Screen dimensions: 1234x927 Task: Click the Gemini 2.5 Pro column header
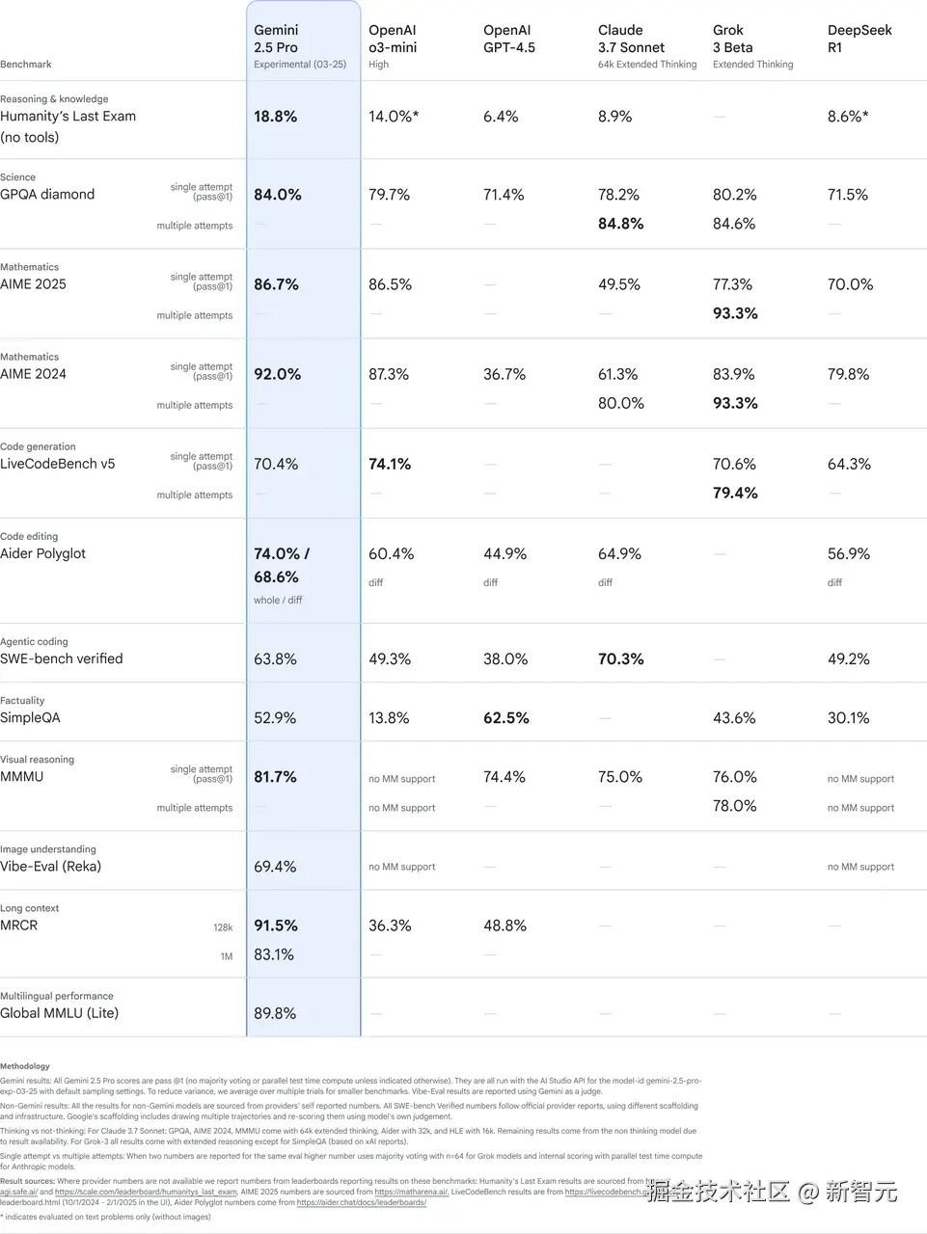tap(276, 39)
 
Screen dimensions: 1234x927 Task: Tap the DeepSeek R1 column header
tap(859, 39)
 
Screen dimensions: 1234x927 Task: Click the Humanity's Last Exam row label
tap(68, 117)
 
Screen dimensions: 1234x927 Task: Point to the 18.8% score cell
tap(276, 117)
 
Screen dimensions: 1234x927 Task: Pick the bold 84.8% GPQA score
tap(620, 224)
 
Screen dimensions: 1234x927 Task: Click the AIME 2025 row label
tap(34, 284)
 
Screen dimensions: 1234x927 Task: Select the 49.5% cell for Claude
tap(619, 284)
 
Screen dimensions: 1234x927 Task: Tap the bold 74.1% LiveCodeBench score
tap(390, 464)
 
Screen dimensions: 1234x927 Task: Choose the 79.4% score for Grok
tap(735, 493)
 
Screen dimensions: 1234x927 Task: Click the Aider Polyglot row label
tap(43, 553)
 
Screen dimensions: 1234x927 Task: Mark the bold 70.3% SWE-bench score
tap(620, 659)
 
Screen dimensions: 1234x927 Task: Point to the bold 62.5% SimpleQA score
tap(506, 718)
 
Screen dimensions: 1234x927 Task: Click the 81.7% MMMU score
tap(276, 777)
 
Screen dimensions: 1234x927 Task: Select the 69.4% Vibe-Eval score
tap(275, 867)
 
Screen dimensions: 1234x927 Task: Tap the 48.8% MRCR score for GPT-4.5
tap(504, 925)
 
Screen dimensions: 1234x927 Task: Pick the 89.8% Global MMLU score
tap(275, 1013)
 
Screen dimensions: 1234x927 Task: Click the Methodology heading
tap(25, 1066)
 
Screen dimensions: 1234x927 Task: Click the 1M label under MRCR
tap(226, 956)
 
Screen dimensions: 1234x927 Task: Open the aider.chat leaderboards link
tap(361, 1202)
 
